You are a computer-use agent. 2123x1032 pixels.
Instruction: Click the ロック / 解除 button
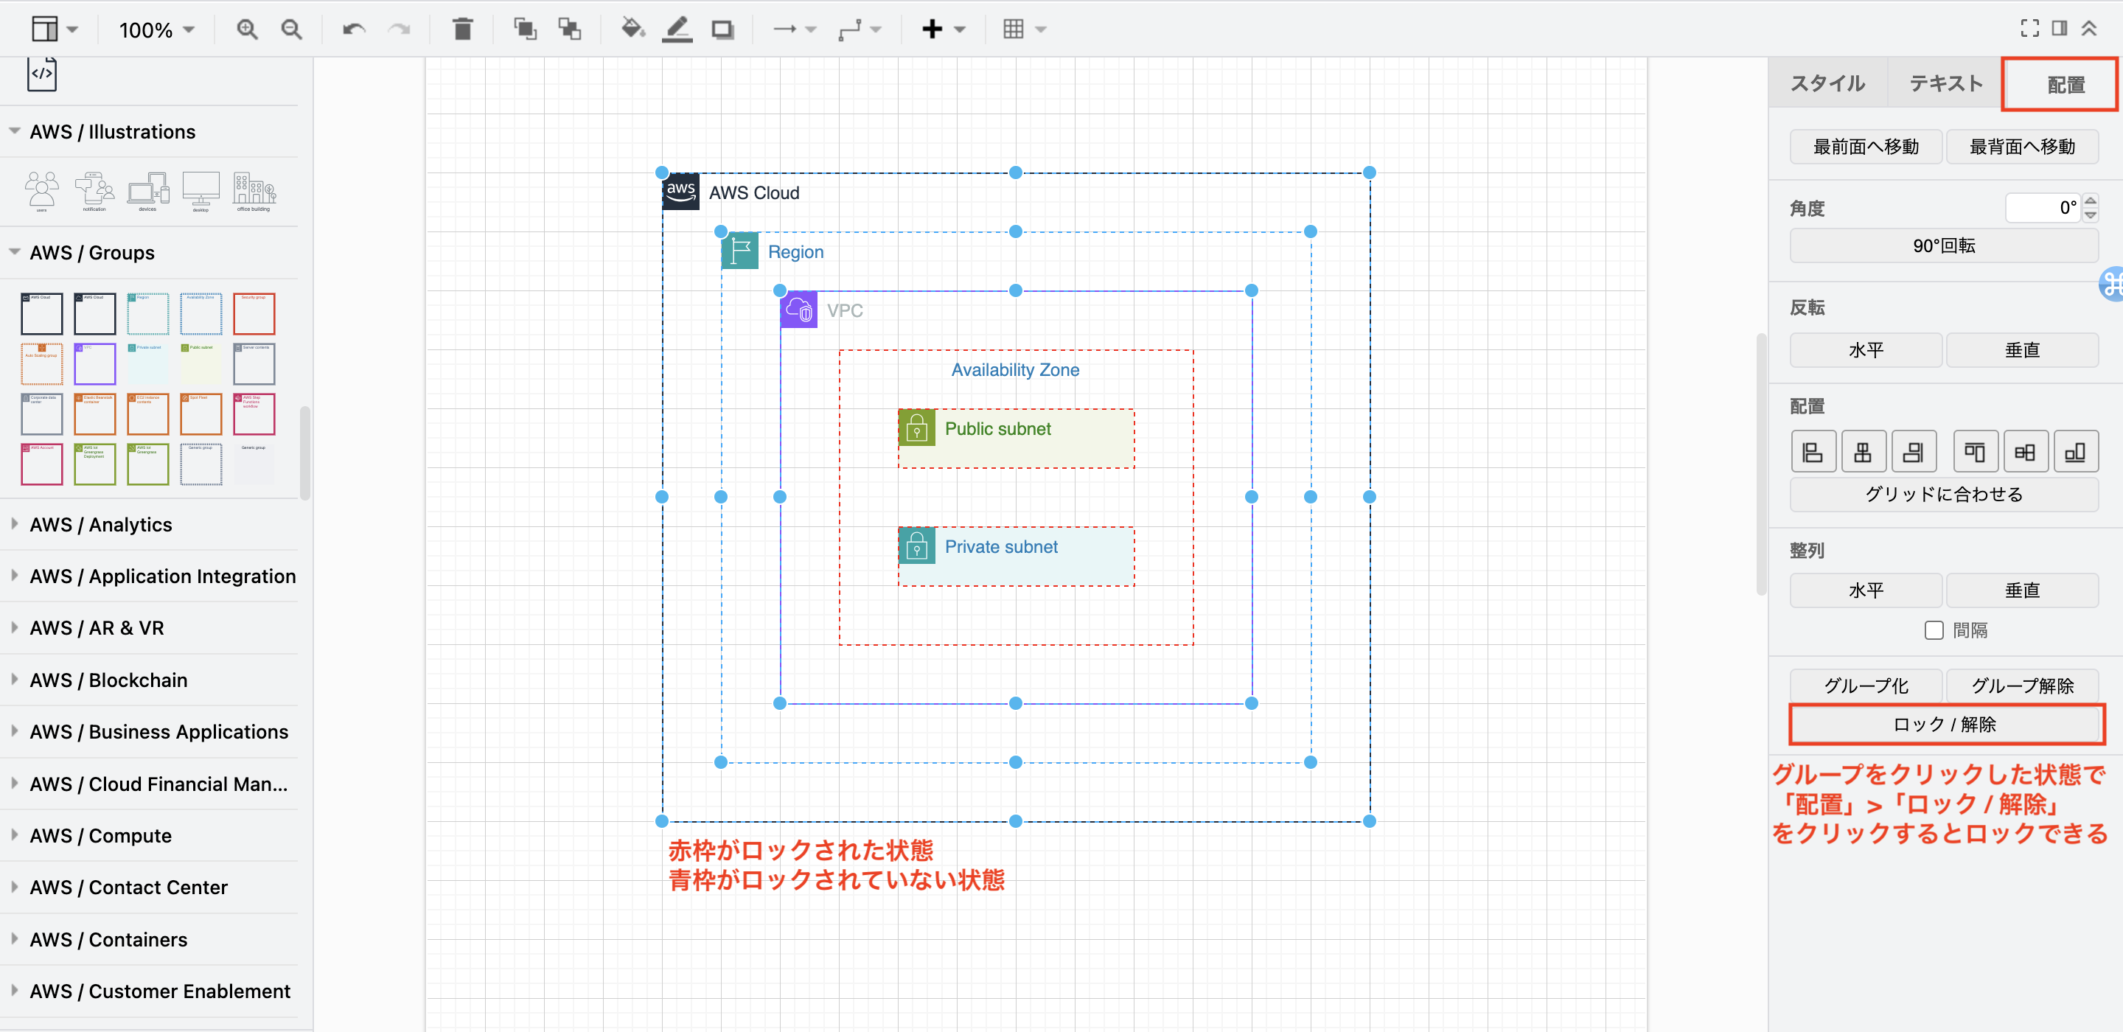1944,724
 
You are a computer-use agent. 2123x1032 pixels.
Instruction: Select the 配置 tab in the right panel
2065,85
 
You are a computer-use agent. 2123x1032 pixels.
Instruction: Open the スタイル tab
1827,83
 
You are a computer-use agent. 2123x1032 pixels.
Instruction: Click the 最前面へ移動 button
1865,147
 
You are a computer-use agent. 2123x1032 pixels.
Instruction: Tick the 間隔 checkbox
1934,630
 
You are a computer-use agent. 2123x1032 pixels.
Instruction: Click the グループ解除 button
2021,685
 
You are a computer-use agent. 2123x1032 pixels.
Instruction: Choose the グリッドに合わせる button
1943,494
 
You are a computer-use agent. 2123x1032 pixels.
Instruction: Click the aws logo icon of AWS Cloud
680,191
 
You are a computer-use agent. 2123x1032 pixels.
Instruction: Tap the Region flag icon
739,251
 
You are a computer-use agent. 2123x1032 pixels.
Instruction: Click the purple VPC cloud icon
798,310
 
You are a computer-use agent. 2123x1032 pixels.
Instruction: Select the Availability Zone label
1014,370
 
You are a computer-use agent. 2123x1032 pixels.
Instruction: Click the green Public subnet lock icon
916,428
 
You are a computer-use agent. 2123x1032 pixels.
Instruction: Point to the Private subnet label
1000,546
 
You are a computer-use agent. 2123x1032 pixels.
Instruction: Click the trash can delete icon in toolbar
462,29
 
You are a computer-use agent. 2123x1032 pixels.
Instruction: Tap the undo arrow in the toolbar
354,29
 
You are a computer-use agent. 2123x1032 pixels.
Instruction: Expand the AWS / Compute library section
100,835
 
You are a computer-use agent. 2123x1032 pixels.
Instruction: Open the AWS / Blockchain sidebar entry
108,680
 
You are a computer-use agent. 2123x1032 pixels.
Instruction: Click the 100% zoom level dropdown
156,29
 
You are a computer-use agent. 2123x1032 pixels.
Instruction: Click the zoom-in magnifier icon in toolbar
246,29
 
